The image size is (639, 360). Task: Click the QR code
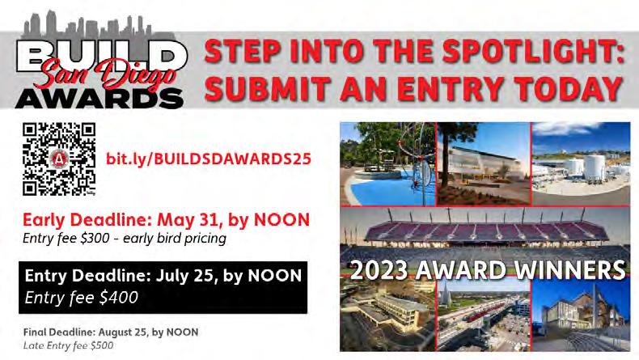point(59,159)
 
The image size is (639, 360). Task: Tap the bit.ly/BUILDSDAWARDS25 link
point(208,159)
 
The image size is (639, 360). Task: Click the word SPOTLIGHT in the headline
point(533,51)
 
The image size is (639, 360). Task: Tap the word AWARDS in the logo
point(99,98)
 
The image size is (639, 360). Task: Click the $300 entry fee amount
point(95,238)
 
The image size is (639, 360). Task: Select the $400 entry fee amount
point(119,297)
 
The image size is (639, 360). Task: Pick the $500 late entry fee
point(102,345)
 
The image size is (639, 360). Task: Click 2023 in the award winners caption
point(379,270)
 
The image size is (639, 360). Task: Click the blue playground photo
point(387,164)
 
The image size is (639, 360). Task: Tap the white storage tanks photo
point(581,164)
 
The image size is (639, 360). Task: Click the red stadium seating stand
point(487,231)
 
